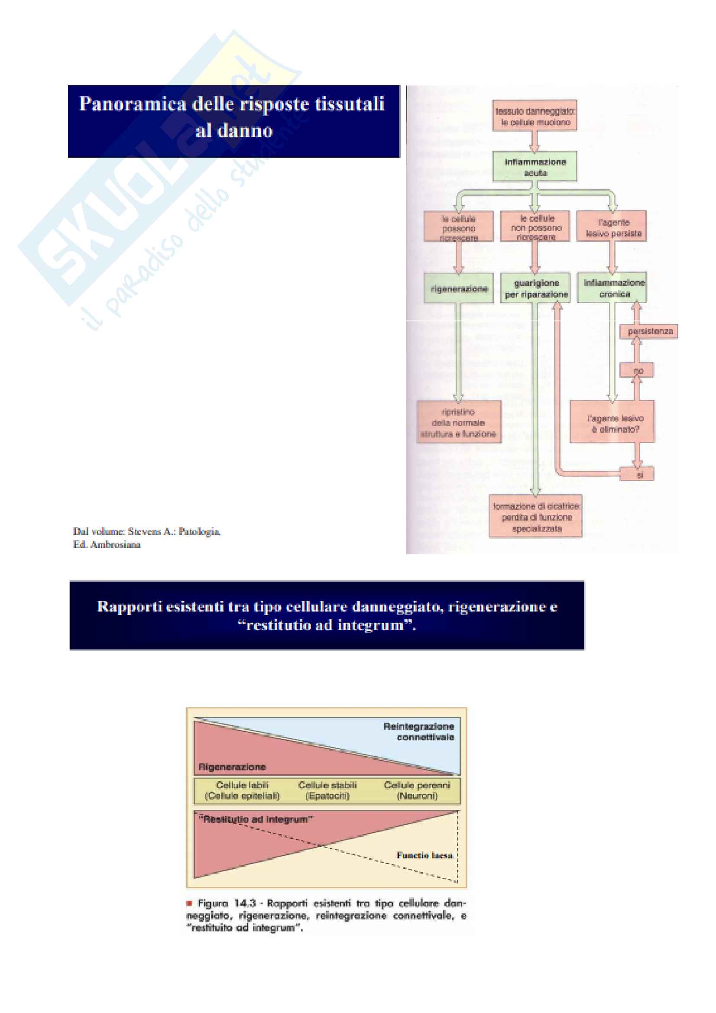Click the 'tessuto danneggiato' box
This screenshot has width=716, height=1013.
(535, 116)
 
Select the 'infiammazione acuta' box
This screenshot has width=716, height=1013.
(535, 167)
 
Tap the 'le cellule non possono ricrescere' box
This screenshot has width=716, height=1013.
(535, 227)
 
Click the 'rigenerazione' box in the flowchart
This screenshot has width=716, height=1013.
(459, 288)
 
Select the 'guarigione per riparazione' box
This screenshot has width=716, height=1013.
(535, 288)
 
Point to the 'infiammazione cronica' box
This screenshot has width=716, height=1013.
(613, 288)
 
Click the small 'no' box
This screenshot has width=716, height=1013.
(637, 371)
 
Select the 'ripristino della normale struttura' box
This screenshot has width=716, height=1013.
(459, 422)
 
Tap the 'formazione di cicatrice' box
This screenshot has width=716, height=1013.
(535, 517)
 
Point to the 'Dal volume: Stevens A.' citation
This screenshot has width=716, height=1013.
(147, 532)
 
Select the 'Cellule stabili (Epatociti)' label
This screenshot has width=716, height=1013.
(327, 790)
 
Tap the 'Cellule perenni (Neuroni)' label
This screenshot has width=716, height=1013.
(417, 790)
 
